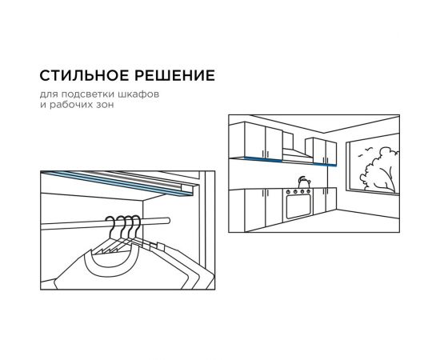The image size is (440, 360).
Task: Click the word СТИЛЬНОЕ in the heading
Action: (82, 75)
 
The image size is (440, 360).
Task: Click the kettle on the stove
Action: (304, 182)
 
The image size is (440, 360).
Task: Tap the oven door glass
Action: (298, 206)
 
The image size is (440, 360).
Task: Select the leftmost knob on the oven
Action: (288, 192)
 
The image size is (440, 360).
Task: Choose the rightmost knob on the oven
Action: (308, 191)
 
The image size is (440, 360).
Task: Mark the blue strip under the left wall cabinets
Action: (263, 159)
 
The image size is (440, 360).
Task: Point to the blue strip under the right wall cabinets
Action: (324, 164)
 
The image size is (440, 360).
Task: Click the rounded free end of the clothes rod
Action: (167, 221)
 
